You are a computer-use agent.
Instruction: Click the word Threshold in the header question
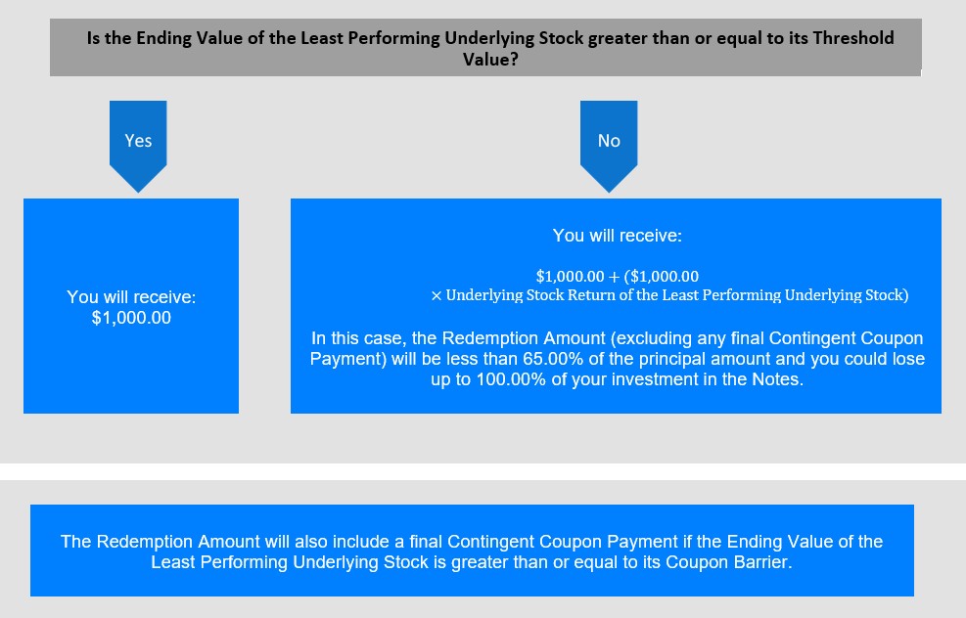pyautogui.click(x=853, y=38)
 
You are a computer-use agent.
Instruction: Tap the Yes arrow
pyautogui.click(x=138, y=146)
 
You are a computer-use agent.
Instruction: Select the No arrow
pyautogui.click(x=609, y=146)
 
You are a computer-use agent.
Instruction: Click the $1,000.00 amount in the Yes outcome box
pyautogui.click(x=131, y=318)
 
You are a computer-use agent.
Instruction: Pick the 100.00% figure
pyautogui.click(x=511, y=379)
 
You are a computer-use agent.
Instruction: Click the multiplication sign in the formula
pyautogui.click(x=437, y=296)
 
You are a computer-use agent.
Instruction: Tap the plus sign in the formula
pyautogui.click(x=614, y=277)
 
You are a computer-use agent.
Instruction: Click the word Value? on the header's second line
pyautogui.click(x=490, y=60)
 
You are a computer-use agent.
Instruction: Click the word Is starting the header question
pyautogui.click(x=93, y=38)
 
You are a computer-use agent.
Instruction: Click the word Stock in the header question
pyautogui.click(x=561, y=38)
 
